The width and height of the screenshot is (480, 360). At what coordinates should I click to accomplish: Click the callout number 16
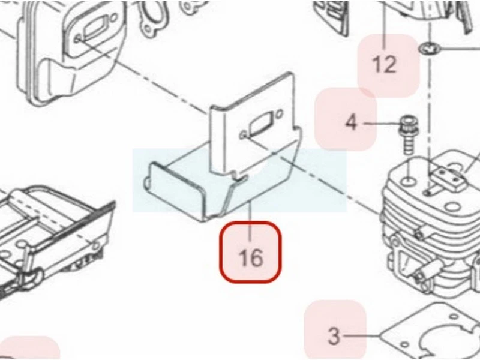(250, 258)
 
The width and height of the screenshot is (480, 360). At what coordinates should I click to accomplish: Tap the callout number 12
(385, 65)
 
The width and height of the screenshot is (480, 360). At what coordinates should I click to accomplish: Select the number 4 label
(351, 122)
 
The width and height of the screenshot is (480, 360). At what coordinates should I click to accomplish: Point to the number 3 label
(334, 336)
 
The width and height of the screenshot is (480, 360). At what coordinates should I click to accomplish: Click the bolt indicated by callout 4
(408, 134)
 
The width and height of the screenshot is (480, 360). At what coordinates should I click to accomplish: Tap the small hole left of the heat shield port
(244, 135)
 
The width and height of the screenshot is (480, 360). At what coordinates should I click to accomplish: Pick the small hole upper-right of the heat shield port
(279, 115)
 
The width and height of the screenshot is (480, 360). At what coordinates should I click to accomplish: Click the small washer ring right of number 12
(429, 48)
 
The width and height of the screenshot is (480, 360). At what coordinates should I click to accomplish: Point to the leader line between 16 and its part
(250, 221)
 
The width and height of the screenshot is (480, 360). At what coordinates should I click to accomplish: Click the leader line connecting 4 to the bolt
(383, 124)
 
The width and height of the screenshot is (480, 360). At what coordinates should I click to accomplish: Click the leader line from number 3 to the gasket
(361, 336)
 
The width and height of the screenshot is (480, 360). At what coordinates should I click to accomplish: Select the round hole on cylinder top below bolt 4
(409, 181)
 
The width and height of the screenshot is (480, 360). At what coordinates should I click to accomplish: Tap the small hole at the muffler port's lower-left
(78, 39)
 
